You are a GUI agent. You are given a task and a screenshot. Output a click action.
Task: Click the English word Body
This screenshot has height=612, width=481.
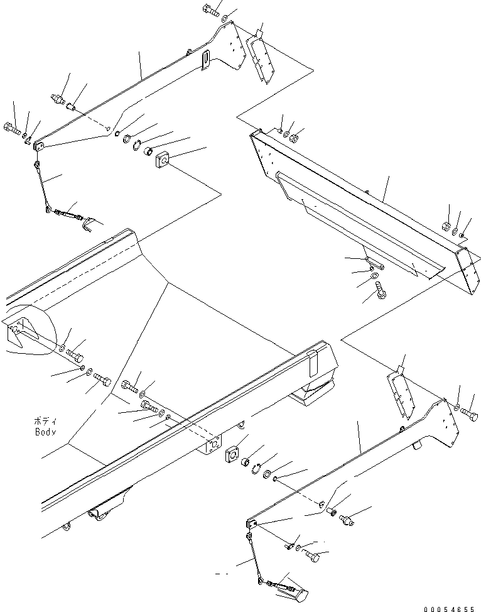45,432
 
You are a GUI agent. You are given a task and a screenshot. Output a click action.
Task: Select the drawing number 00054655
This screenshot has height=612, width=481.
450,608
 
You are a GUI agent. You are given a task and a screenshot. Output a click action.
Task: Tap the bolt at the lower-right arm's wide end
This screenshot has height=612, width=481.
469,414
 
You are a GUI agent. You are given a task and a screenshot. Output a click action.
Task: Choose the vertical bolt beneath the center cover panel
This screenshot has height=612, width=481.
381,290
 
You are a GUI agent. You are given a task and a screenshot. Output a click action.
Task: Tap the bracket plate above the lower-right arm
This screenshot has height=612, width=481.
399,393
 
